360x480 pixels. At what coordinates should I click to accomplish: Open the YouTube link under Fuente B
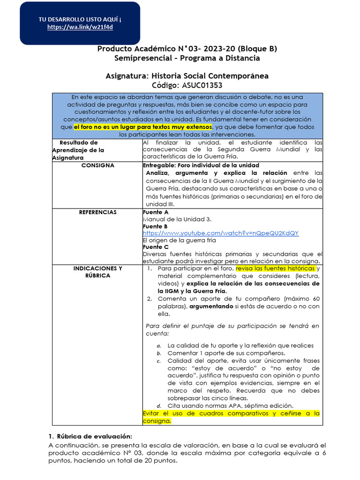220,233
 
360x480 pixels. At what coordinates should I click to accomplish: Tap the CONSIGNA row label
97,165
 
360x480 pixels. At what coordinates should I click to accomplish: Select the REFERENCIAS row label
97,212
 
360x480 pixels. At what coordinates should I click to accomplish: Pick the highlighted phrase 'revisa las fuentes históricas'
275,269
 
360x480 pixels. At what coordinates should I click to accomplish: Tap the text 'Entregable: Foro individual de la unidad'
201,165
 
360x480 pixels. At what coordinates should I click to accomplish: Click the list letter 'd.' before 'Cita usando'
159,405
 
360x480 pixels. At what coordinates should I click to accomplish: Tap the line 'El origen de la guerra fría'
179,240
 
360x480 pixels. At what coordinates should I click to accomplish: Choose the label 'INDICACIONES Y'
97,269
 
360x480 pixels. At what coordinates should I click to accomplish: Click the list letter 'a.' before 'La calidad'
159,345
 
